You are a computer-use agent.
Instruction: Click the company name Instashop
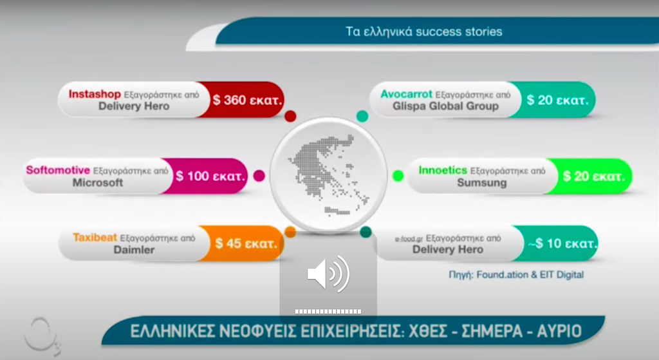click(x=95, y=94)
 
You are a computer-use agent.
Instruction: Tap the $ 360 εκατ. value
click(x=247, y=100)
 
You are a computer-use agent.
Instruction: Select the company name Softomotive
click(x=58, y=170)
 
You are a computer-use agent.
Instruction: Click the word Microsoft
click(x=98, y=182)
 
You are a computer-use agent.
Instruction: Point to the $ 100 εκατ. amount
click(x=210, y=176)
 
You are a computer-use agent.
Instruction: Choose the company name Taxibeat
click(x=95, y=238)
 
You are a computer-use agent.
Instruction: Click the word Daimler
click(x=134, y=250)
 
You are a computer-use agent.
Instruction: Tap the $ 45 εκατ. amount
click(x=246, y=243)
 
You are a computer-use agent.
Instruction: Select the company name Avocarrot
click(x=406, y=94)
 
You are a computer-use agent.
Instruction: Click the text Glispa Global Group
click(x=445, y=106)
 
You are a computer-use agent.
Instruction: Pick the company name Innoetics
click(x=443, y=170)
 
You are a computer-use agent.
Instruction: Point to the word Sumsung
click(x=481, y=182)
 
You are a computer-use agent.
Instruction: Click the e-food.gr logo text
click(x=409, y=239)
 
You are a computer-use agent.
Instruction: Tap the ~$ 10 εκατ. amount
click(x=562, y=243)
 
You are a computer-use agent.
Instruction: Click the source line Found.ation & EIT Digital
click(x=516, y=274)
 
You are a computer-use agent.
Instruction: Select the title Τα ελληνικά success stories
click(x=423, y=32)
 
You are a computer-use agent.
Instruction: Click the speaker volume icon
click(x=328, y=274)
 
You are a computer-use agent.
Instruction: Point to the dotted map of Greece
click(x=328, y=175)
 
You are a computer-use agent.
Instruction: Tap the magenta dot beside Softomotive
click(x=259, y=176)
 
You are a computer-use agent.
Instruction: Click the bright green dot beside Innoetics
click(x=398, y=176)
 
